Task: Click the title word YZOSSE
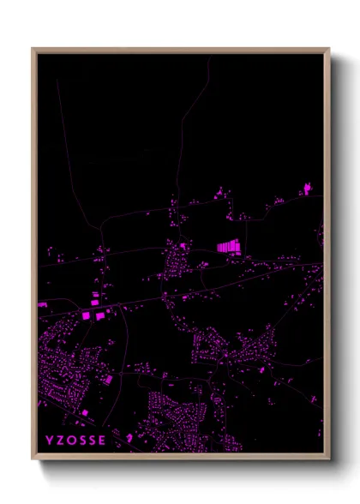tap(76, 441)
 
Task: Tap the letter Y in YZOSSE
tap(50, 441)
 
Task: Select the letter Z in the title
tap(61, 441)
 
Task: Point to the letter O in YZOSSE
tap(72, 441)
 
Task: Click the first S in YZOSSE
tap(83, 441)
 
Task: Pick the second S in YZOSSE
tap(93, 441)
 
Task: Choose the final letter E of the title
tap(104, 441)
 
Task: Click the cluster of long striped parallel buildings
tap(229, 247)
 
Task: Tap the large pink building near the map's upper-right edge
tap(308, 187)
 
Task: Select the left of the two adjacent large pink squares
tap(86, 316)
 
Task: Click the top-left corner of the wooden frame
tap(33, 49)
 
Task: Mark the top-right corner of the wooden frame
tap(328, 49)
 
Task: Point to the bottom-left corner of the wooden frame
tap(33, 459)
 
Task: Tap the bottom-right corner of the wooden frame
tap(328, 459)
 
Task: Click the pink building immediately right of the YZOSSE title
tap(129, 438)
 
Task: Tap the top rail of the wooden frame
tap(180, 49)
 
